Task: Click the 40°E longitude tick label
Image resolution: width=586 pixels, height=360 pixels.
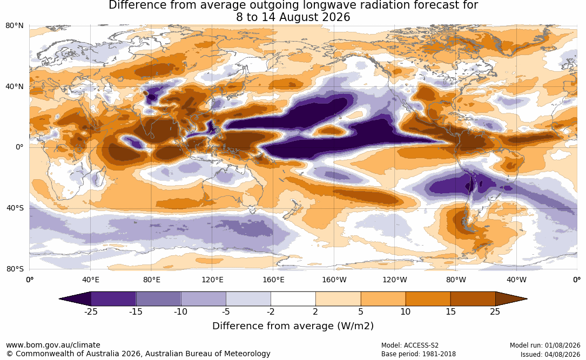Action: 91,280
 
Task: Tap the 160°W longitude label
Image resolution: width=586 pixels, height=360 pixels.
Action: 334,280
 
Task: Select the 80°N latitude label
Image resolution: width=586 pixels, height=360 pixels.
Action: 15,26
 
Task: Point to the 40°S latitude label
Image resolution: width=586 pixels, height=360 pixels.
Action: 15,208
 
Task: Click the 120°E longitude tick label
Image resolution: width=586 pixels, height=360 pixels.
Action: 212,280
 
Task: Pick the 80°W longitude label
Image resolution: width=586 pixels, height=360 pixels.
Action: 456,280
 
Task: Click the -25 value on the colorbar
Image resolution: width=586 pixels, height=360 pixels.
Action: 91,311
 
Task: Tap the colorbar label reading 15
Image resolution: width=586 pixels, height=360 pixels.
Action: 451,311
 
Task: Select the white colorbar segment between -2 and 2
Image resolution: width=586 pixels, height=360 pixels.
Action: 293,299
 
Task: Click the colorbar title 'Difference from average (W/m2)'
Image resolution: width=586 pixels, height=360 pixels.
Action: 293,326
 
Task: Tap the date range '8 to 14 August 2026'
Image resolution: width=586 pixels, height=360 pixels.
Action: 293,17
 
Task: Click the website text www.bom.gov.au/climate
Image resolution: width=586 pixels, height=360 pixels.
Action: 53,345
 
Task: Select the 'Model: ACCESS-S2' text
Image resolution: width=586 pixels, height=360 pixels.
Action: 410,345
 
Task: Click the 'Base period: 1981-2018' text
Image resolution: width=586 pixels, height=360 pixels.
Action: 419,354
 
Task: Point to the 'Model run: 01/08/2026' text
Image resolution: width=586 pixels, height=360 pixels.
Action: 545,345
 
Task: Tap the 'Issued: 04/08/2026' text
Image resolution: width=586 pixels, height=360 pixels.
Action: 550,354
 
